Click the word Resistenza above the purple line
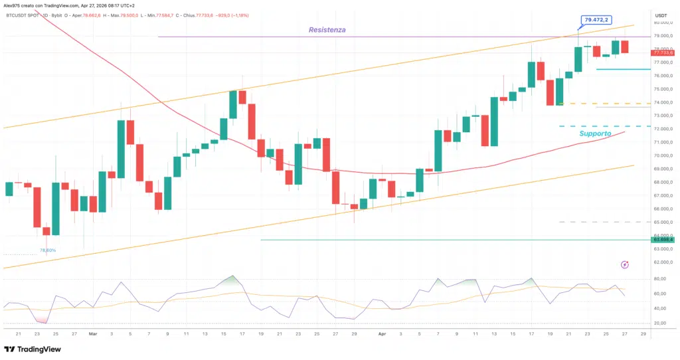327,30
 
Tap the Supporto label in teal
595,134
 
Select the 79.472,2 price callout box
595,21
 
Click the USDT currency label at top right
661,15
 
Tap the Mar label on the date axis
93,334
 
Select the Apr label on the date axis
381,334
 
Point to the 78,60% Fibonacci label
48,250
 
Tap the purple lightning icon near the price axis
625,265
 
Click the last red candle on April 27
625,46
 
